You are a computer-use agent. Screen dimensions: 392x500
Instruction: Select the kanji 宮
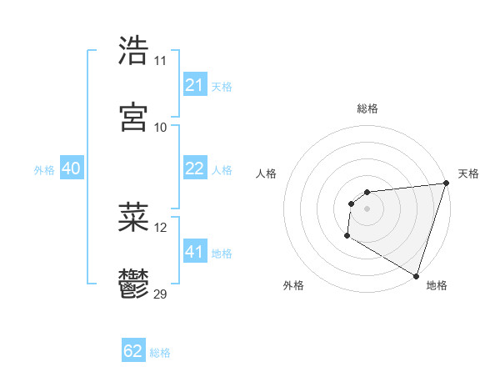point(133,117)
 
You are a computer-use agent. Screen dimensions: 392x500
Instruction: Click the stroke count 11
point(160,61)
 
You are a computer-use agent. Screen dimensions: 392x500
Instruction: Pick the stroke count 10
point(160,127)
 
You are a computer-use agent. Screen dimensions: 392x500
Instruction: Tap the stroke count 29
point(161,294)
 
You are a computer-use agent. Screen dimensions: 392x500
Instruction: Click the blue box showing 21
point(194,85)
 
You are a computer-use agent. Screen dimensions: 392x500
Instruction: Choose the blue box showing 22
point(194,168)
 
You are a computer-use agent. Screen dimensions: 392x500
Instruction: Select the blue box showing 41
point(194,252)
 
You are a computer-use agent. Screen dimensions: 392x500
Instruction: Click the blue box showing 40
point(71,168)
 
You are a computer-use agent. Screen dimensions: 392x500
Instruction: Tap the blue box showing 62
point(133,351)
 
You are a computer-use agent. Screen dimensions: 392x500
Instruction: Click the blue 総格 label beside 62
point(160,353)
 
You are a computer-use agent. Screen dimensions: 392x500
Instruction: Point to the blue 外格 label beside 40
point(44,170)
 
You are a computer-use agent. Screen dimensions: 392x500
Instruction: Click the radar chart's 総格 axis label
point(367,108)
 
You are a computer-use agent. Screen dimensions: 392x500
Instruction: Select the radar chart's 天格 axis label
point(468,173)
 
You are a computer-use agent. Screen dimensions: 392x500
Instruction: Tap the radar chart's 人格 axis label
point(267,173)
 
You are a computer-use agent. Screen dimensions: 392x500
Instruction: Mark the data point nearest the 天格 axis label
point(446,183)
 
